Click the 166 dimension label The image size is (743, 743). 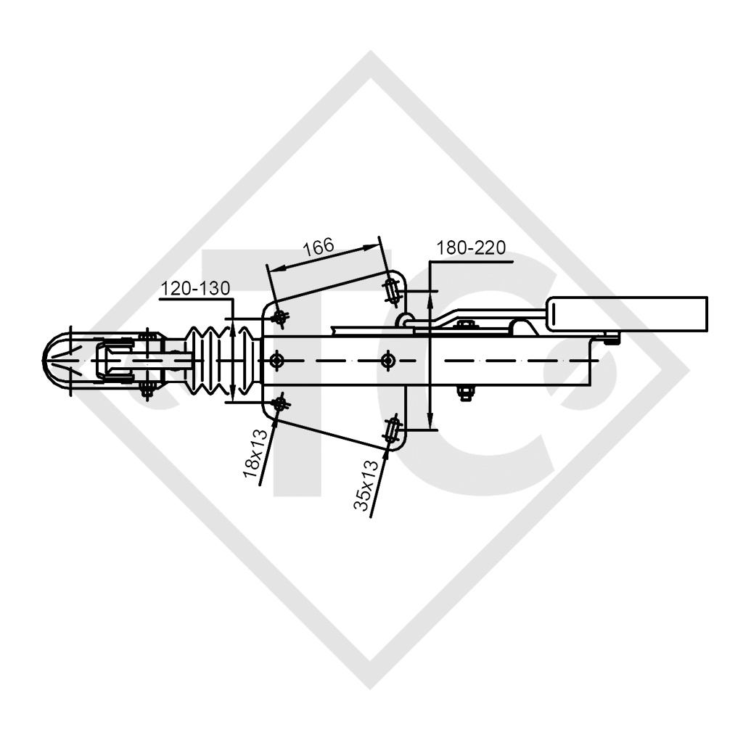pos(319,247)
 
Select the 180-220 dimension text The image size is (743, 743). pos(470,248)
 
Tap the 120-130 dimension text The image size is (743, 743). pos(195,289)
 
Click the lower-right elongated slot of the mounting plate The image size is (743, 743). pos(393,430)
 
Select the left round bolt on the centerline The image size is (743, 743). pos(276,360)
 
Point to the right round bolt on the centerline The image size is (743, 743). pos(389,360)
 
